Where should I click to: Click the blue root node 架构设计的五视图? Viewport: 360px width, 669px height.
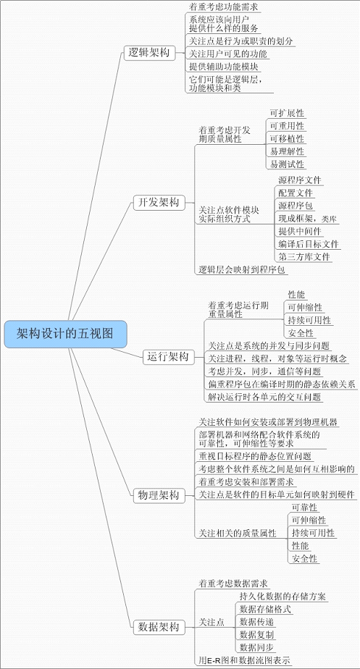pyautogui.click(x=66, y=334)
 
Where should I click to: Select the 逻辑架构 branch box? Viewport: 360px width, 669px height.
pyautogui.click(x=149, y=53)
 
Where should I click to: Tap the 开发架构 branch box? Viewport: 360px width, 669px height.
pyautogui.click(x=159, y=202)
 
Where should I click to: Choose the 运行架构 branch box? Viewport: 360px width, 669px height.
pyautogui.click(x=168, y=357)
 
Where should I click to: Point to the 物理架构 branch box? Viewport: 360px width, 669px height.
pyautogui.click(x=159, y=495)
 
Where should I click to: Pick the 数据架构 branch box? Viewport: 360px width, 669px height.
pyautogui.click(x=159, y=627)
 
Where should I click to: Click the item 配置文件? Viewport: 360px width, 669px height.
pyautogui.click(x=296, y=193)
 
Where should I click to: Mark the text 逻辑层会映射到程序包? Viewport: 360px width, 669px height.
pyautogui.click(x=242, y=269)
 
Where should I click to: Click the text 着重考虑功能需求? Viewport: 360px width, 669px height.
pyautogui.click(x=224, y=7)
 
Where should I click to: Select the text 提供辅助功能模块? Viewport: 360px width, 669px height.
pyautogui.click(x=224, y=67)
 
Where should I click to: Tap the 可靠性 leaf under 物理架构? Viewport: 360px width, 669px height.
pyautogui.click(x=304, y=508)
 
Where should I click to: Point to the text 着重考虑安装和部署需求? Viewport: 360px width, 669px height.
pyautogui.click(x=246, y=482)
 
